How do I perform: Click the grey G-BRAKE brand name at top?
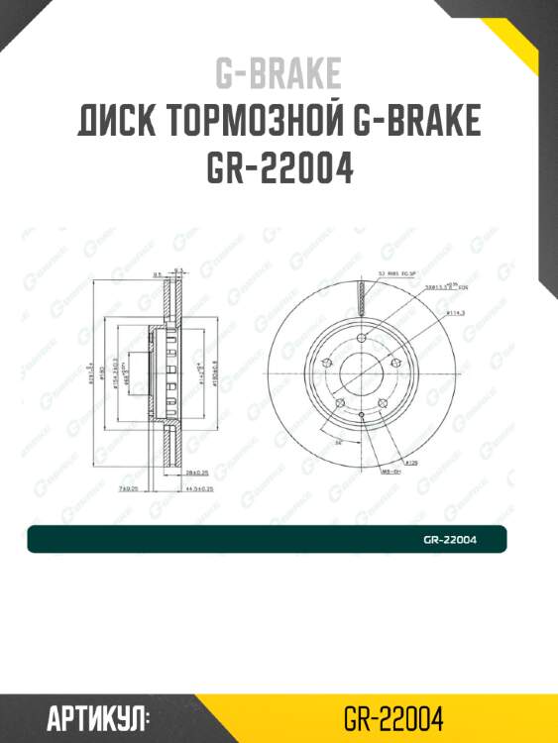pos(279,73)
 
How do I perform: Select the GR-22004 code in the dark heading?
pos(279,168)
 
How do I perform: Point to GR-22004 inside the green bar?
pos(450,540)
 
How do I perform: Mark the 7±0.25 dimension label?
pos(128,488)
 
